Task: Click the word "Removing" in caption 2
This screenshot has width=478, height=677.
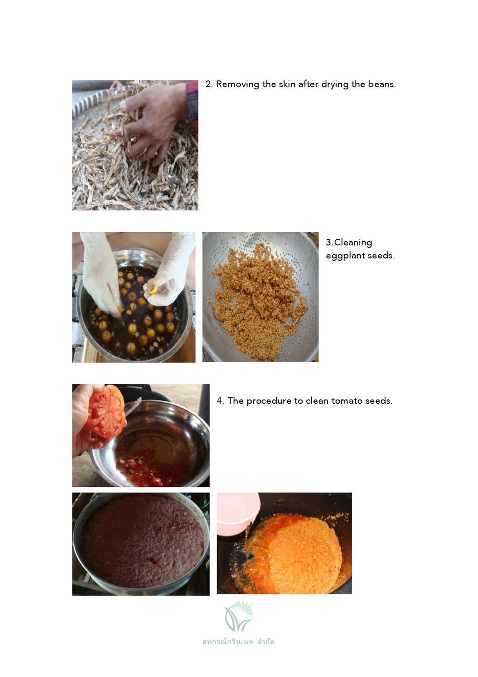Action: [x=238, y=84]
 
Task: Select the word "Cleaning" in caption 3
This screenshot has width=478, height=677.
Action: [x=353, y=242]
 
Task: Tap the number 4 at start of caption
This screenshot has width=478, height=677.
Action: [x=219, y=401]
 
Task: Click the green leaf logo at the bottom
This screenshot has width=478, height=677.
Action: [x=238, y=617]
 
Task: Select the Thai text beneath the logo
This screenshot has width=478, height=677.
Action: [x=238, y=641]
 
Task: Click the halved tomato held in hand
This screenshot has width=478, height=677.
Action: [x=106, y=412]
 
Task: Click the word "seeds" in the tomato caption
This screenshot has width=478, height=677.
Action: [x=379, y=401]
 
